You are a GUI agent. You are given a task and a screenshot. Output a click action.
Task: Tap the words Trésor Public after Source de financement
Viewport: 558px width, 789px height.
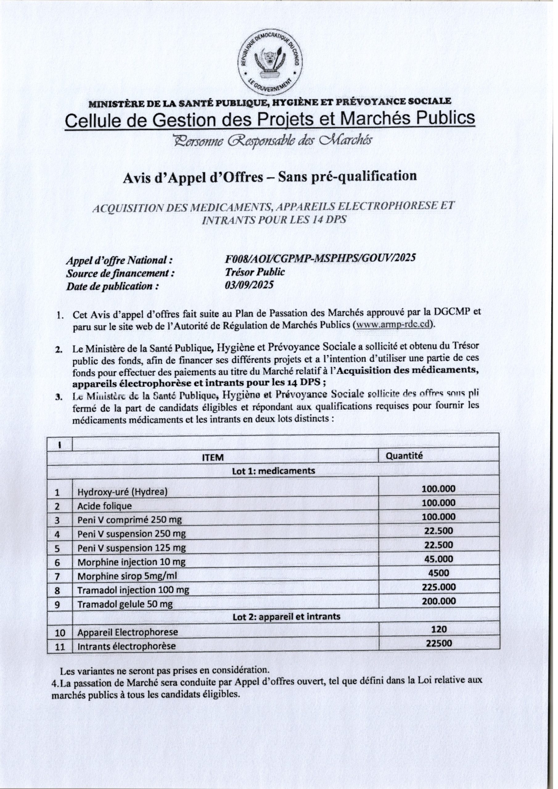coord(255,272)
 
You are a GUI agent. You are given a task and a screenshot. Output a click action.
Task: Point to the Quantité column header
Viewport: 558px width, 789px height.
coord(404,456)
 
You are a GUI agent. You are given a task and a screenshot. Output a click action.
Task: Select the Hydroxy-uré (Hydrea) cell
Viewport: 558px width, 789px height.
coord(122,492)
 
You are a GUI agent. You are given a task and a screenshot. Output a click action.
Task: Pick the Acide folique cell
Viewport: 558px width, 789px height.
coord(105,506)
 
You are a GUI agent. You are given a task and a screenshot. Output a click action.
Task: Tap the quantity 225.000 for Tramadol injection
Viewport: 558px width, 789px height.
coord(439,587)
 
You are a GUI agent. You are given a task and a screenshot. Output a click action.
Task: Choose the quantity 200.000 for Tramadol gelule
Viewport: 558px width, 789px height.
coord(439,601)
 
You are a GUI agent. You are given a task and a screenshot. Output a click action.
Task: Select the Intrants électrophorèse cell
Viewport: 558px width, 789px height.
coord(126,646)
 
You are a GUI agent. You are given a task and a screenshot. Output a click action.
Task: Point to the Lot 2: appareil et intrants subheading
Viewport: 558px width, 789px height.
coord(286,616)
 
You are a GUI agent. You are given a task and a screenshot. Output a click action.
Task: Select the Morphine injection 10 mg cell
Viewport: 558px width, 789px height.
coord(131,562)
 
